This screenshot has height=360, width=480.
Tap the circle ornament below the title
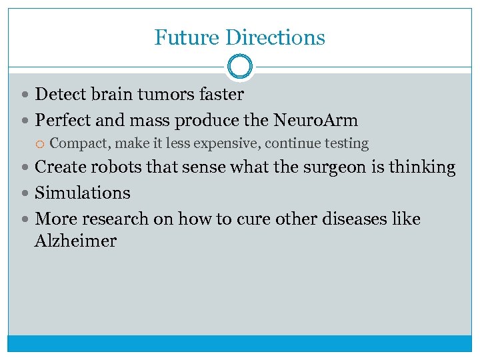[x=240, y=67]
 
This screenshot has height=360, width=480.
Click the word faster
[x=221, y=95]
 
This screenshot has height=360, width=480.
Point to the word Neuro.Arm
[x=315, y=121]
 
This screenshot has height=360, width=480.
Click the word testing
[x=343, y=143]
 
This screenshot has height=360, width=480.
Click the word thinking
[x=425, y=167]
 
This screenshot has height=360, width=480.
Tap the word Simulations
[x=83, y=193]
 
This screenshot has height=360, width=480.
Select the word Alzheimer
[x=75, y=241]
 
